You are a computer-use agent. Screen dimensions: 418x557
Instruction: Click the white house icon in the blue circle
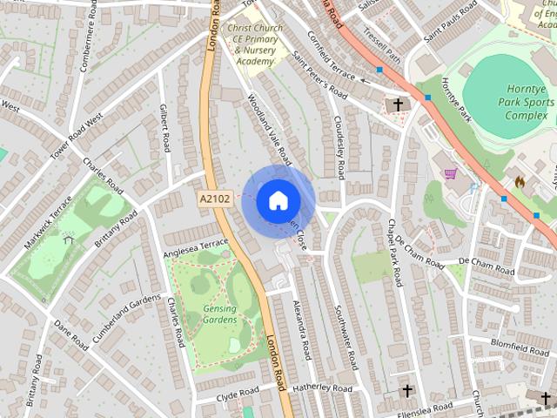click(x=278, y=200)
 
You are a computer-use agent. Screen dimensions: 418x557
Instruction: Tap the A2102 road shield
click(x=215, y=199)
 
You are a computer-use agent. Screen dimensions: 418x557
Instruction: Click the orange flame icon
click(x=520, y=182)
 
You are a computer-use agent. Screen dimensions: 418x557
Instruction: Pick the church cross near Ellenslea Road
click(x=406, y=391)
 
